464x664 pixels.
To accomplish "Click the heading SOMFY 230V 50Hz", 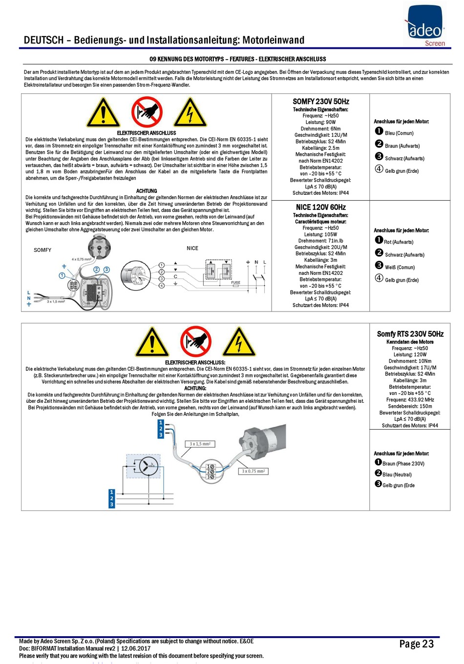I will tap(321, 102).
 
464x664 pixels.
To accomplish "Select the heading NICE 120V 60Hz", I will tap(321, 207).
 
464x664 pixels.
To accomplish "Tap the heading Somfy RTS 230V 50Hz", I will tap(410, 334).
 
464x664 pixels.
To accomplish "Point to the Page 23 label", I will tap(417, 644).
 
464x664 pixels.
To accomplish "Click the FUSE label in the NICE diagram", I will tap(235, 282).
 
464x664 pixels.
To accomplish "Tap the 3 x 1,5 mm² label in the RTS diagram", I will tap(200, 444).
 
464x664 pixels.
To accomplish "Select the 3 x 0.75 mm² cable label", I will tap(253, 471).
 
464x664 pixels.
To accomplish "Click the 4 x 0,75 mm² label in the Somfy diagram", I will tap(82, 259).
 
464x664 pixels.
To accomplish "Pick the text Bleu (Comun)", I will tap(399, 133).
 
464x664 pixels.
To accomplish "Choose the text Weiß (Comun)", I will tap(400, 268).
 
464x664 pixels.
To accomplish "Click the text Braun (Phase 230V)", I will tap(403, 464).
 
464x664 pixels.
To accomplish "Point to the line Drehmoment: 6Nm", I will tap(321, 129).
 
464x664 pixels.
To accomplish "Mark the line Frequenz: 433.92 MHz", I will tap(410, 400).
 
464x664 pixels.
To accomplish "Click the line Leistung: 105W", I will tap(321, 234).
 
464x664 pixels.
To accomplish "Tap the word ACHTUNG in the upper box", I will tap(147, 191).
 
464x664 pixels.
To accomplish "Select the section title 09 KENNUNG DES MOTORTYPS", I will tap(237, 59).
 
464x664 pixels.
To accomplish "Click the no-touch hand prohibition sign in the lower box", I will tap(195, 341).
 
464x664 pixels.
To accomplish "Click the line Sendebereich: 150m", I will tap(410, 406).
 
